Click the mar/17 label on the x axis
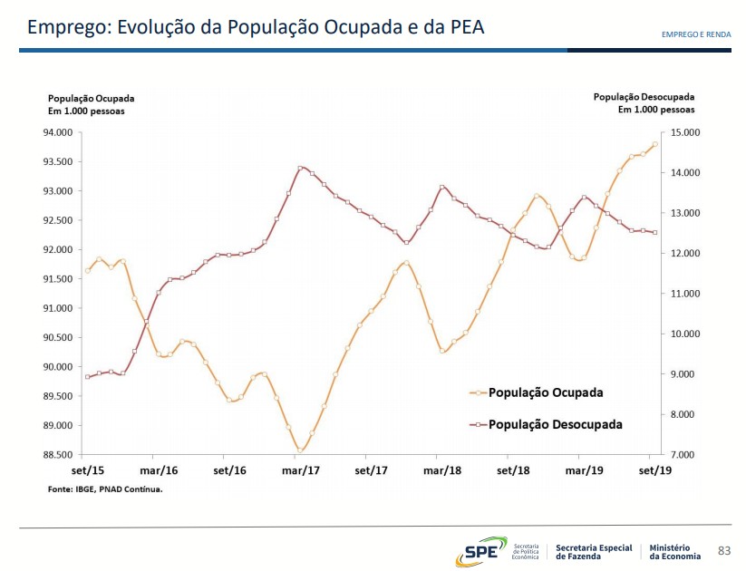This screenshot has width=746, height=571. point(301,470)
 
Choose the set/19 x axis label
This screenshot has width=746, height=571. point(654,470)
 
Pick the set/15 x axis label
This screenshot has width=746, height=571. point(88,470)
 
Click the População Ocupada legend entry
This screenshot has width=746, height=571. point(545,393)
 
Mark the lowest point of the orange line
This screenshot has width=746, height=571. point(300,450)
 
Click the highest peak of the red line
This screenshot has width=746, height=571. point(300,168)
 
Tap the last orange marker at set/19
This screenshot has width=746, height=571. point(654,144)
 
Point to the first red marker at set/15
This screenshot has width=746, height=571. point(88,376)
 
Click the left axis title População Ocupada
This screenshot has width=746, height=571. point(91,98)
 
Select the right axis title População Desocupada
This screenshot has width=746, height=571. point(644,96)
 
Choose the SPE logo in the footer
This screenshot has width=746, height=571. point(478,550)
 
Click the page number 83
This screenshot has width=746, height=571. point(723,550)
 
